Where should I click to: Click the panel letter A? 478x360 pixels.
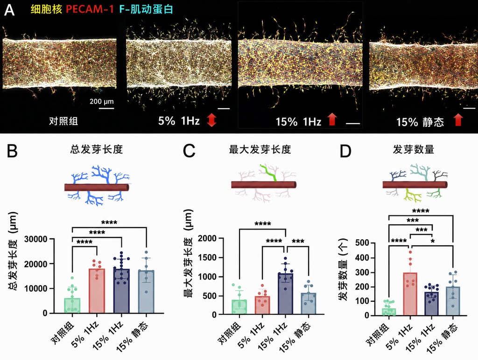(9, 10)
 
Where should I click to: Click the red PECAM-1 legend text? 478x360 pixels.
(90, 9)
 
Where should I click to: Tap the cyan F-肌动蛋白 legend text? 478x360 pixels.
(146, 9)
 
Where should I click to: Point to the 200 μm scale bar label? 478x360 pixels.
(101, 101)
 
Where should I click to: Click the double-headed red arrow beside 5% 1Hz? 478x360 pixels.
(211, 120)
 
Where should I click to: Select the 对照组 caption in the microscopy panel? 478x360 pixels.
(63, 121)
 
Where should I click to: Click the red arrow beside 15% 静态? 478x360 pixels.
(458, 120)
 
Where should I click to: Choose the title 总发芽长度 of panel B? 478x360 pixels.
(96, 149)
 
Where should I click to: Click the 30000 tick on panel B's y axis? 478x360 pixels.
(36, 239)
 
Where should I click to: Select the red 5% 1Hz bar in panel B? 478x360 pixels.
(97, 291)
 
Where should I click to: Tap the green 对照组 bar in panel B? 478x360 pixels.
(72, 305)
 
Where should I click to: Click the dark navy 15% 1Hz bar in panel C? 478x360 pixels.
(286, 294)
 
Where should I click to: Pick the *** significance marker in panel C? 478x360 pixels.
(298, 242)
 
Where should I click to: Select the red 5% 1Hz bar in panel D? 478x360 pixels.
(410, 294)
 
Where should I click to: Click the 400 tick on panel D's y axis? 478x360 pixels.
(362, 258)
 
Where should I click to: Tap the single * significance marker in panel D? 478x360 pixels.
(433, 242)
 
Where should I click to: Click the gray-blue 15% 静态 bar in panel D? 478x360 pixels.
(453, 301)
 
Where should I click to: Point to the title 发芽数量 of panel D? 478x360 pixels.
(414, 149)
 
